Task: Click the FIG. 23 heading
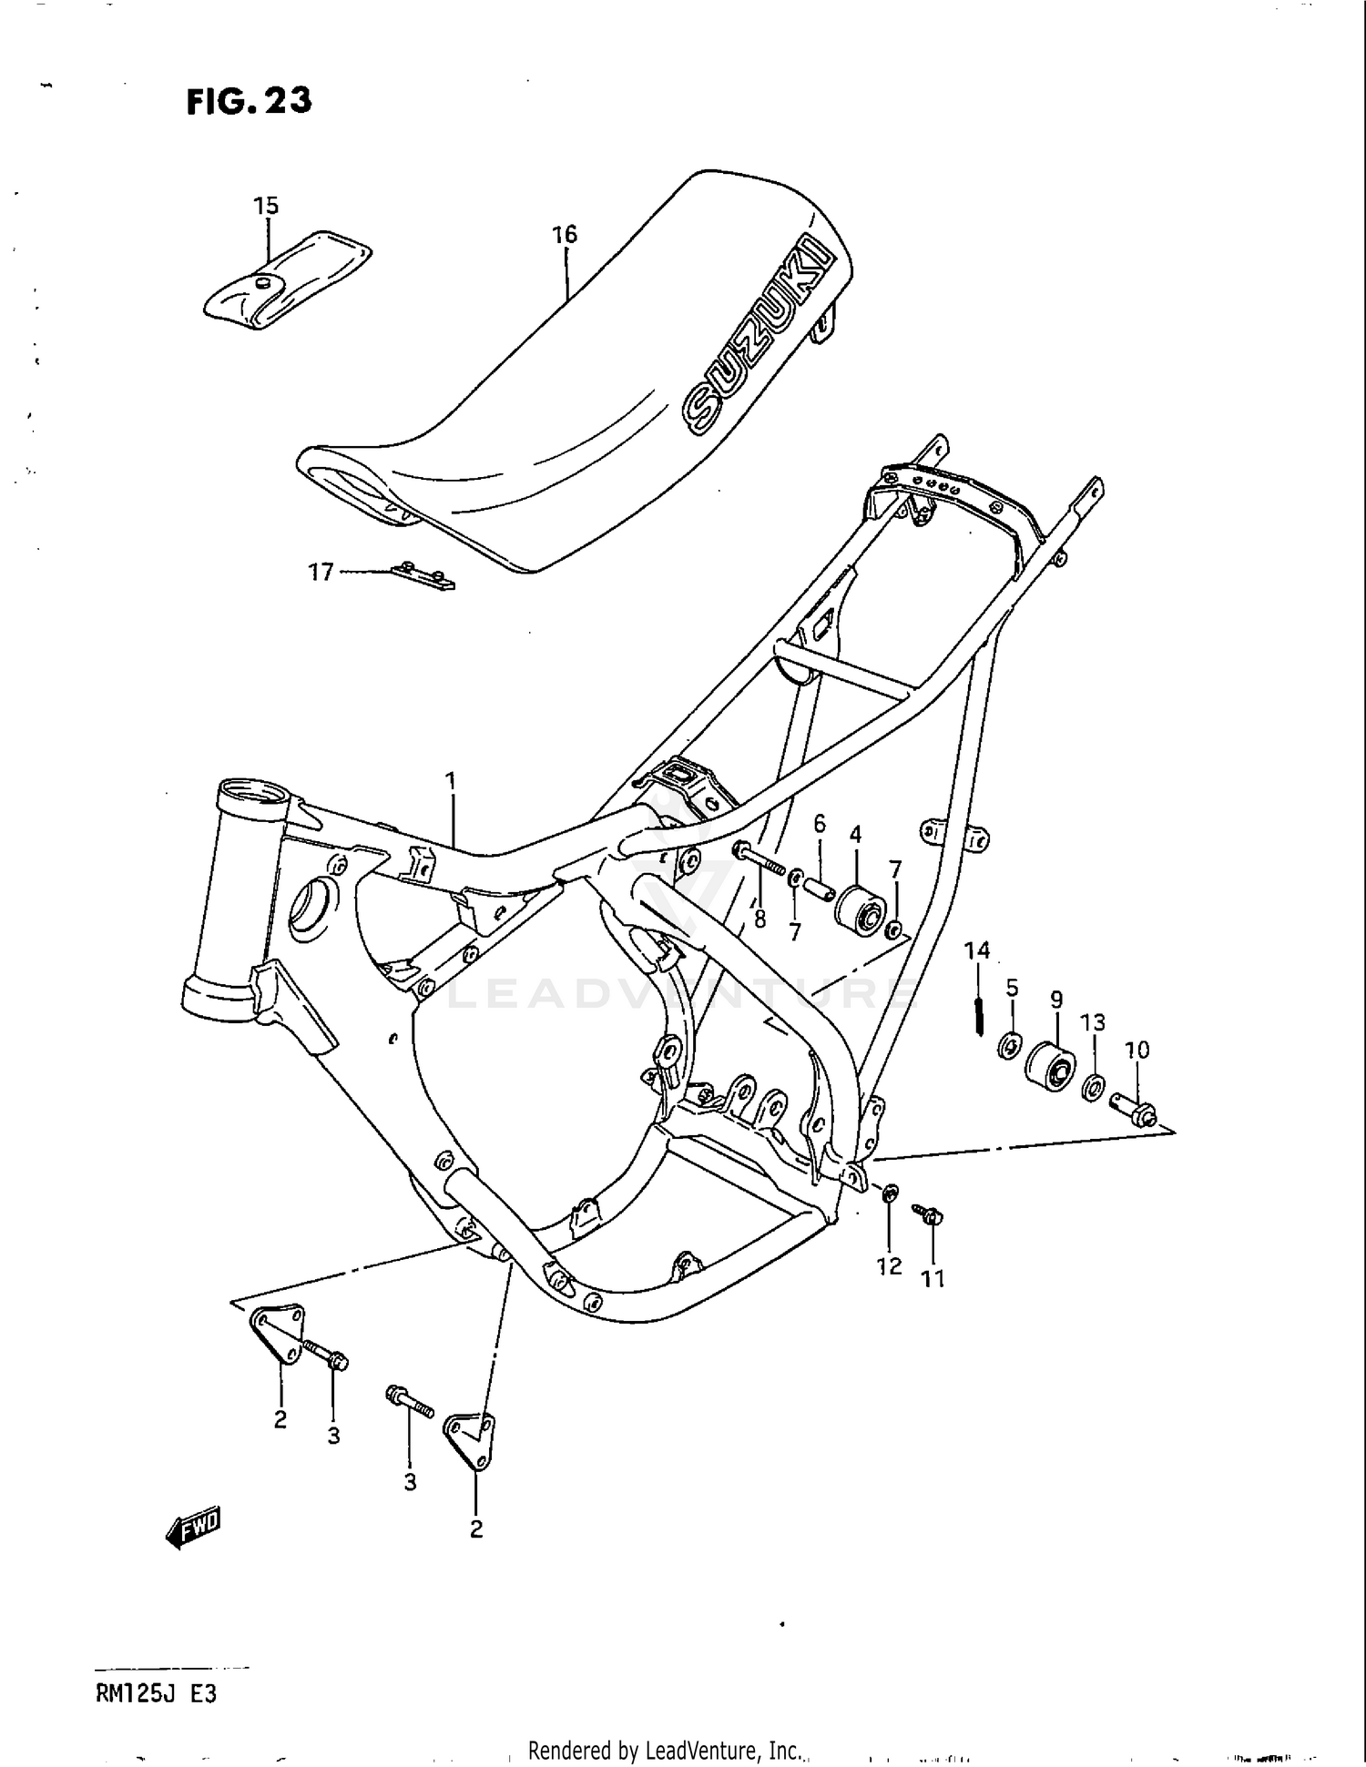point(249,101)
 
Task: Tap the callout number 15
point(266,206)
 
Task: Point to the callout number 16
point(565,234)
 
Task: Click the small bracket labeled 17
point(423,576)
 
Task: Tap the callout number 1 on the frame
point(450,780)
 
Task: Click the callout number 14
point(977,951)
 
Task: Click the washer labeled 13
point(1094,1087)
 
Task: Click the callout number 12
point(889,1265)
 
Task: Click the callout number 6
point(820,824)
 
